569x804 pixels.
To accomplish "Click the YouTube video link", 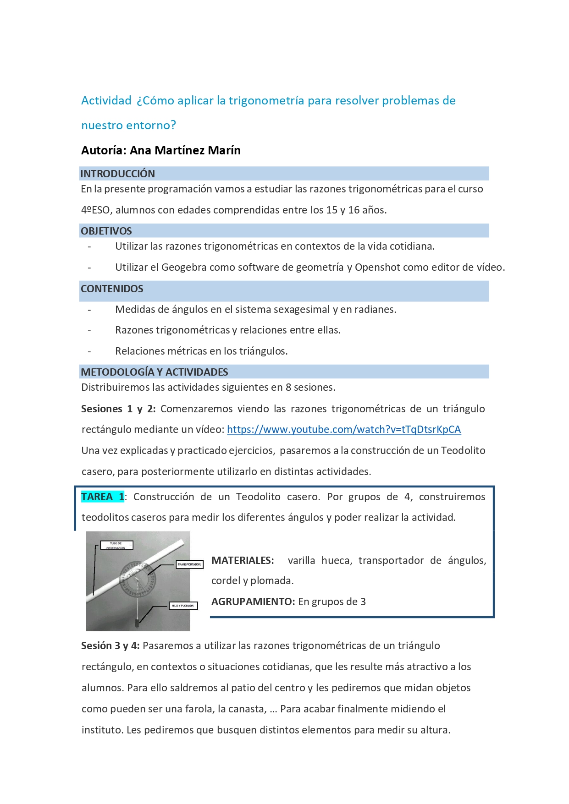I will coord(343,429).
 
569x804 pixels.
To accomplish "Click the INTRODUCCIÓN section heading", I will coord(118,174).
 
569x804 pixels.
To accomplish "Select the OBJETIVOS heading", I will coord(106,231).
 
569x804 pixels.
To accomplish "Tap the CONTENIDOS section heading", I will coord(112,289).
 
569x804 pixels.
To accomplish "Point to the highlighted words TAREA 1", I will coord(103,497).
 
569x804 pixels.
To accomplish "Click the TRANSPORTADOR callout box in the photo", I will coord(189,564).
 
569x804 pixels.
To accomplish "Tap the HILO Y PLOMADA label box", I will coord(183,606).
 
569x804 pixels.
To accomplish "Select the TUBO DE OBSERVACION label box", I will coord(116,545).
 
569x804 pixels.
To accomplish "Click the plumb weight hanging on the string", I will coord(137,623).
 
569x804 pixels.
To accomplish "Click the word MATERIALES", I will coord(243,560).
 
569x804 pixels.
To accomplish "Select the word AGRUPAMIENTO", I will coord(253,602).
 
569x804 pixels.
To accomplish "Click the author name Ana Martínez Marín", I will coord(185,150).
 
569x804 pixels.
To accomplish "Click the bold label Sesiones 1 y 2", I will coord(118,409).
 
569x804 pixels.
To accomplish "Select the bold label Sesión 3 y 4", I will coord(110,645).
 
